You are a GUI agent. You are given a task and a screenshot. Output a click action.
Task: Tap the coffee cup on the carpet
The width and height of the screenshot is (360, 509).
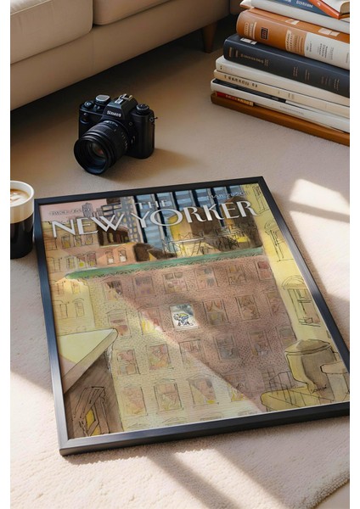[20, 220]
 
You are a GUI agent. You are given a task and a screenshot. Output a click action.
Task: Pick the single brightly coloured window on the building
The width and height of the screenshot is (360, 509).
[183, 316]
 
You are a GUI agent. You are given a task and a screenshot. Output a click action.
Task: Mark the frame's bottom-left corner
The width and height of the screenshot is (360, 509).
[62, 449]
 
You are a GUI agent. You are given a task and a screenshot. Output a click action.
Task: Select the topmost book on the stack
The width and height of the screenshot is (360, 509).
[314, 7]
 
